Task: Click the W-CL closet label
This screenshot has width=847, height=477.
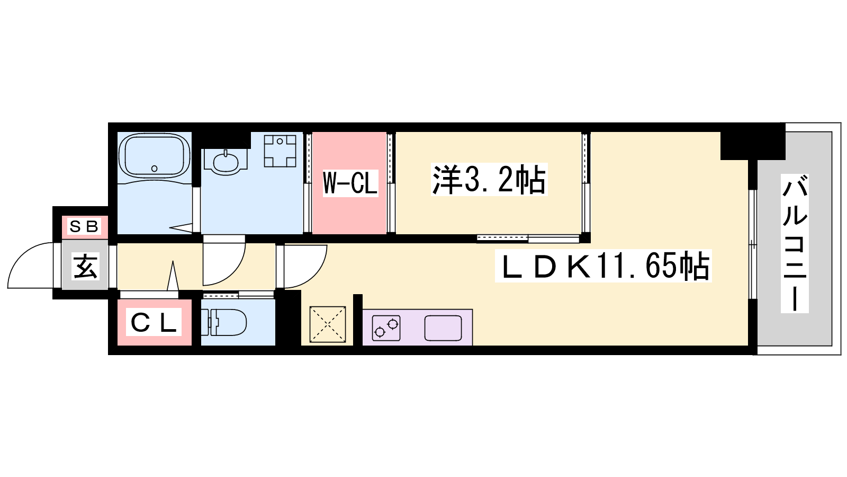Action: [x=350, y=183]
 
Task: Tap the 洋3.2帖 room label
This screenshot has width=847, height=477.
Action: [x=489, y=180]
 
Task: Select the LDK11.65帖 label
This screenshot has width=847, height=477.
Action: [x=603, y=266]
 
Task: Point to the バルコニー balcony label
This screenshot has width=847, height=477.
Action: [x=795, y=243]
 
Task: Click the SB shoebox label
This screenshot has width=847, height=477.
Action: [x=84, y=226]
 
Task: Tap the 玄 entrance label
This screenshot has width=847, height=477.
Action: [x=85, y=266]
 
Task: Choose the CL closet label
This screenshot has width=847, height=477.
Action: [x=154, y=322]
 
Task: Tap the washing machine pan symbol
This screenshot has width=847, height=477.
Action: [x=280, y=151]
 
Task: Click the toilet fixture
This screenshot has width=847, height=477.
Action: [x=223, y=322]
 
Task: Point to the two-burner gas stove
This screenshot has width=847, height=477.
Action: [x=386, y=328]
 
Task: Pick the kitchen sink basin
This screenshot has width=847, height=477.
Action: [x=443, y=328]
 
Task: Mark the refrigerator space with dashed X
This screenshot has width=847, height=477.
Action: [x=328, y=324]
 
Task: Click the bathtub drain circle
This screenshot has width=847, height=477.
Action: [x=154, y=169]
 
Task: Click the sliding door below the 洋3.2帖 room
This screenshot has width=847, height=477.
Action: [x=528, y=238]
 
